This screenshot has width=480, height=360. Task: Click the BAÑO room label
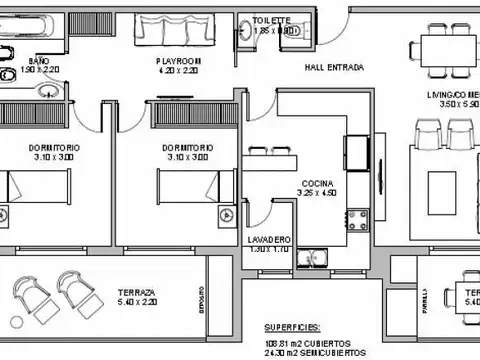click(38, 61)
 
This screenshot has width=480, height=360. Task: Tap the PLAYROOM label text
click(179, 61)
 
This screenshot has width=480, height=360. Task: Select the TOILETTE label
click(271, 20)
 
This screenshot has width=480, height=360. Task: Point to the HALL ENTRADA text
click(333, 68)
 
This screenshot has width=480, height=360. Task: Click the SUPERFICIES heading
click(293, 327)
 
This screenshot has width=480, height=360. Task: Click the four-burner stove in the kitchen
click(356, 214)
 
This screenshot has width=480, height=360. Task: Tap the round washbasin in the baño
click(45, 91)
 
